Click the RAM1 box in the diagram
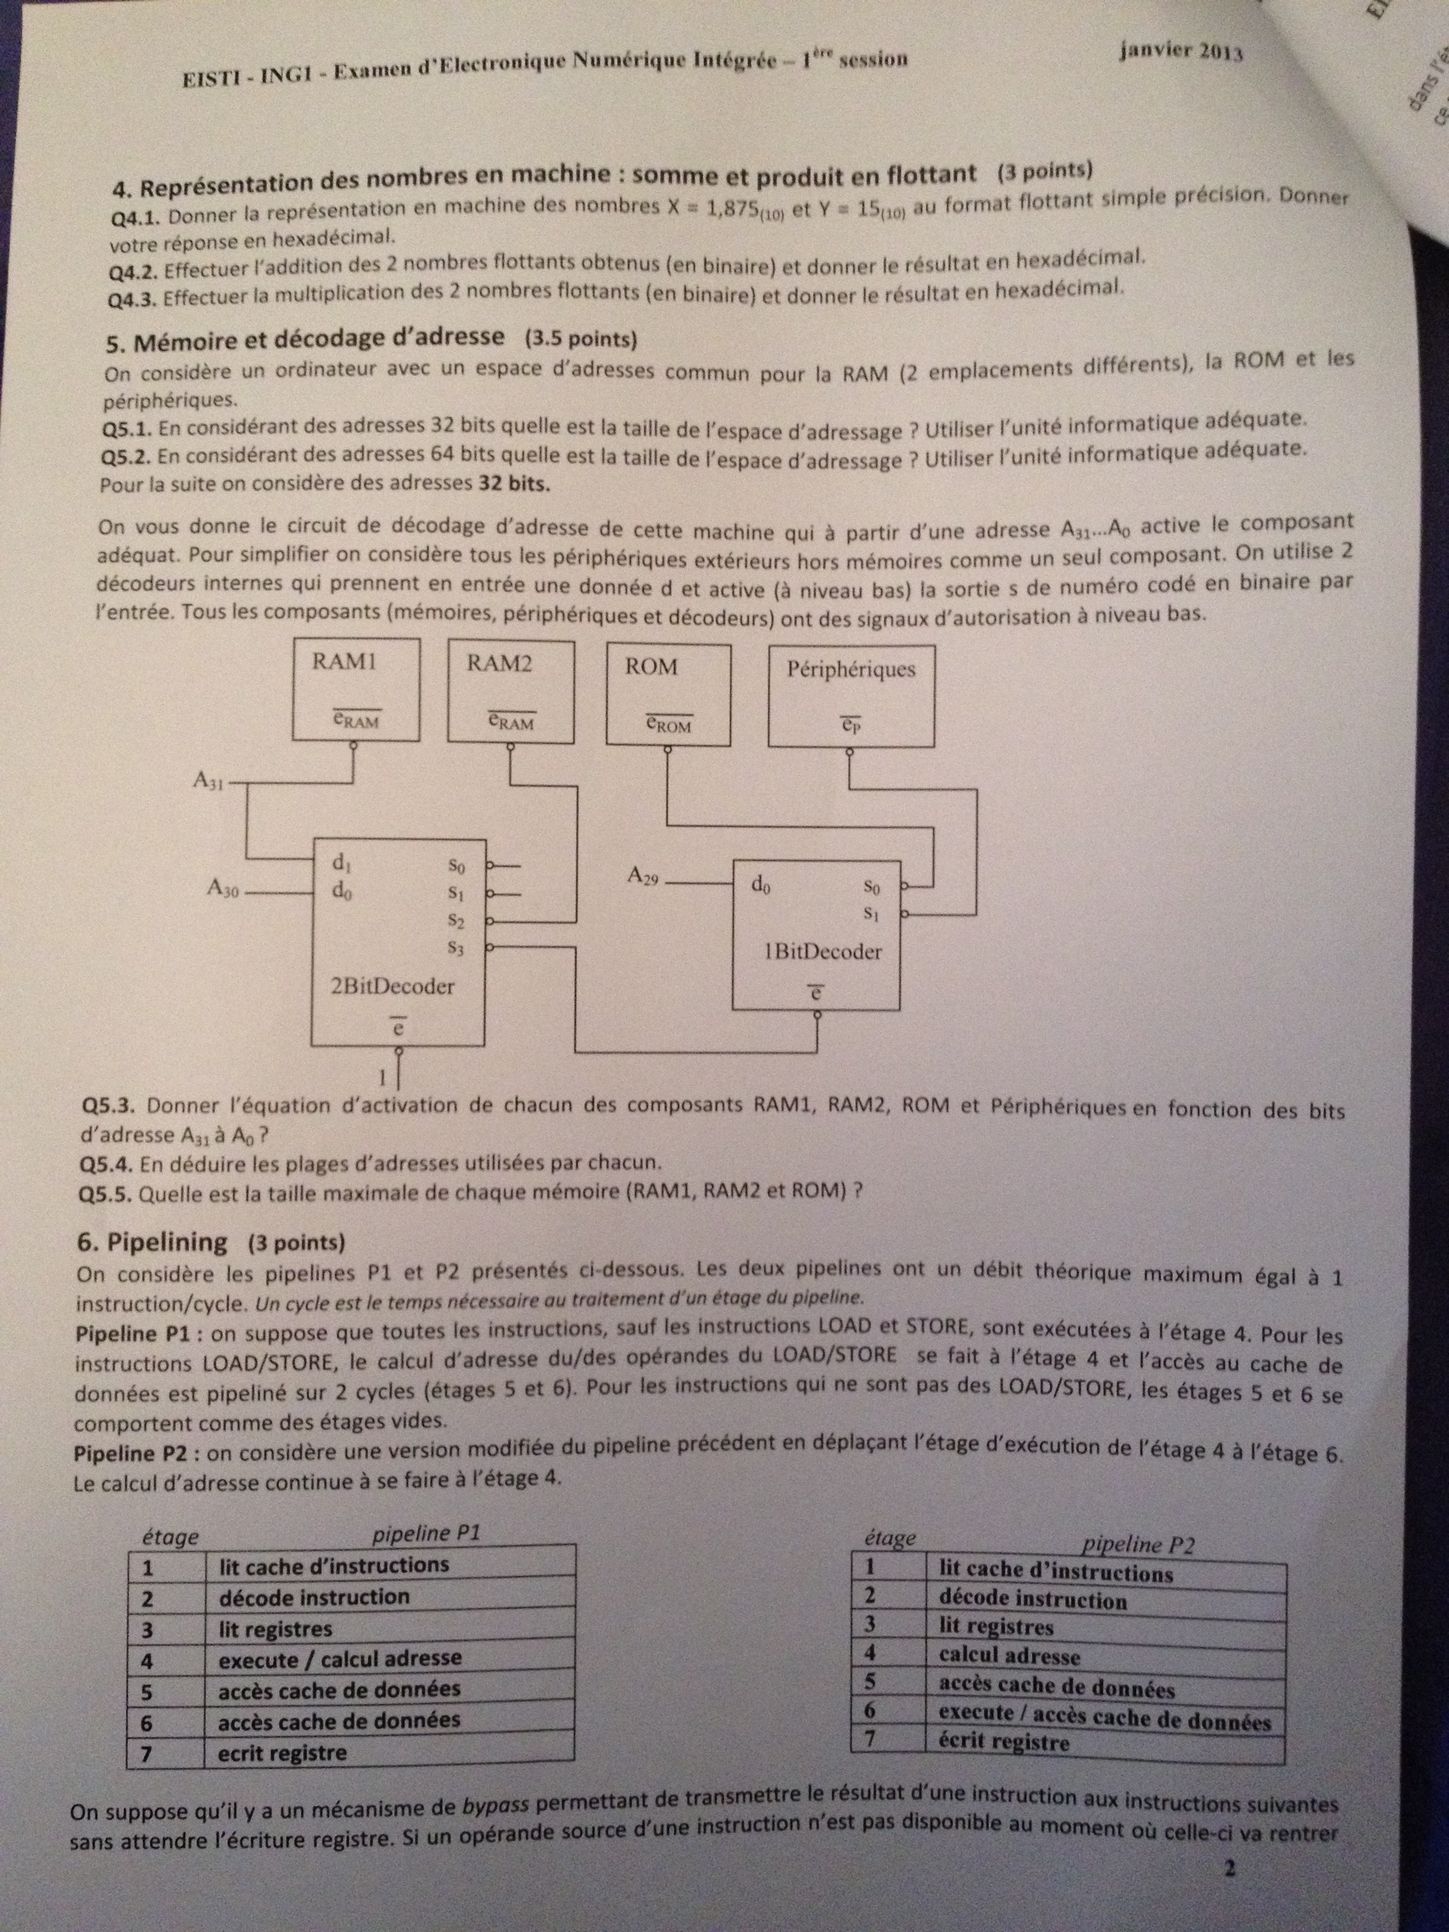tap(355, 688)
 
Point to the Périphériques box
tap(851, 695)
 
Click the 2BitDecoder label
tap(392, 987)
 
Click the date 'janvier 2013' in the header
tap(1181, 51)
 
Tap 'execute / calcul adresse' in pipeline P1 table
tap(340, 1657)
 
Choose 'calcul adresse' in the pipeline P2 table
tap(1010, 1655)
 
